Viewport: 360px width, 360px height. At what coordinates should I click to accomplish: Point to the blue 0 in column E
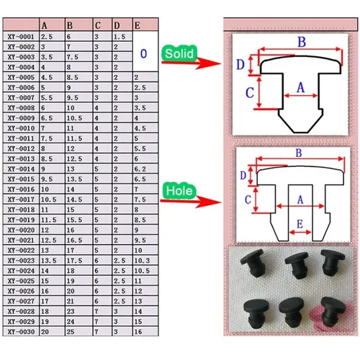pos(143,53)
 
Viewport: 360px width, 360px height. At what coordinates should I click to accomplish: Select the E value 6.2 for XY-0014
pos(140,168)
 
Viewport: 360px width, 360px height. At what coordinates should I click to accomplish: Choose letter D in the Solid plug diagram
pos(240,64)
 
